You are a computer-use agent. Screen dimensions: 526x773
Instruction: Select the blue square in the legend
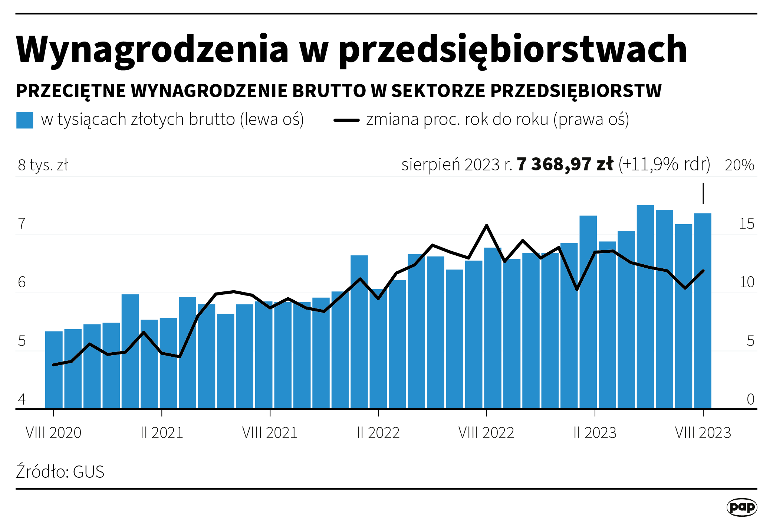tap(25, 120)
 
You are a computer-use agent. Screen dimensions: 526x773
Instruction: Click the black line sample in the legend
tap(346, 120)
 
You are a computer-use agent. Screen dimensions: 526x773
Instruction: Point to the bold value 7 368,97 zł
tap(565, 164)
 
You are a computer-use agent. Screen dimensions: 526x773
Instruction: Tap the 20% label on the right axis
tap(739, 165)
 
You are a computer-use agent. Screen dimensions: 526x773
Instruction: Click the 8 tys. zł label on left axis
tap(43, 165)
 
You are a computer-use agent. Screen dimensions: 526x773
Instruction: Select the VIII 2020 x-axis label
tap(53, 433)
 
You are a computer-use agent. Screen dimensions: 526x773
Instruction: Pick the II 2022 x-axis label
tap(378, 433)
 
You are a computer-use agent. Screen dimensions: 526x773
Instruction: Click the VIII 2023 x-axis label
tap(703, 433)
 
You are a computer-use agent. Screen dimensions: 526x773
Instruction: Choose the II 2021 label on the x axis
tap(162, 433)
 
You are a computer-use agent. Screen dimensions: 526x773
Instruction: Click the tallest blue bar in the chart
tap(645, 308)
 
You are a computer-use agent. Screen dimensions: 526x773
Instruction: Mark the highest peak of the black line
tap(486, 225)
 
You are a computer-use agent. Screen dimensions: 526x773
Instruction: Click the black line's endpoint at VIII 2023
tap(703, 271)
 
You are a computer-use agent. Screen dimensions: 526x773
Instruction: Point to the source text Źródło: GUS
tap(60, 472)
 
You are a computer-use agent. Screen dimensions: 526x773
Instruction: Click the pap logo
tap(741, 507)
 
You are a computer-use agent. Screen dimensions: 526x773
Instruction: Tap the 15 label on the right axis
tap(746, 224)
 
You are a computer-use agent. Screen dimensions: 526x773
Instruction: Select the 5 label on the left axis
tap(22, 341)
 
